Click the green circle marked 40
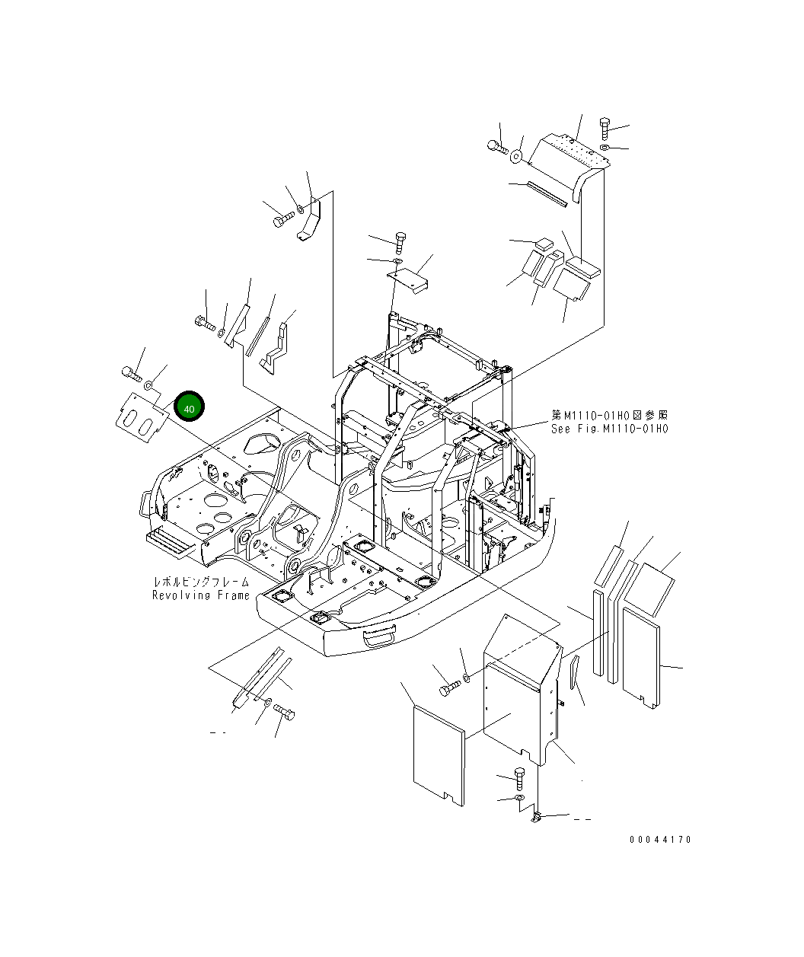[x=189, y=407]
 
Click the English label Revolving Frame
[x=201, y=595]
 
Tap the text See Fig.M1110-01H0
[x=609, y=429]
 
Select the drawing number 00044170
[x=660, y=840]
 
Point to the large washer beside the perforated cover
[x=516, y=156]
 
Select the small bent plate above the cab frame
[x=409, y=279]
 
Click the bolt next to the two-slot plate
[x=131, y=372]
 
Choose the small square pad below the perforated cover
[x=544, y=244]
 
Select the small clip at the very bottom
[x=536, y=818]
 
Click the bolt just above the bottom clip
[x=519, y=777]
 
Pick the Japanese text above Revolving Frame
[x=201, y=582]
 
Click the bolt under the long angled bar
[x=286, y=713]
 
